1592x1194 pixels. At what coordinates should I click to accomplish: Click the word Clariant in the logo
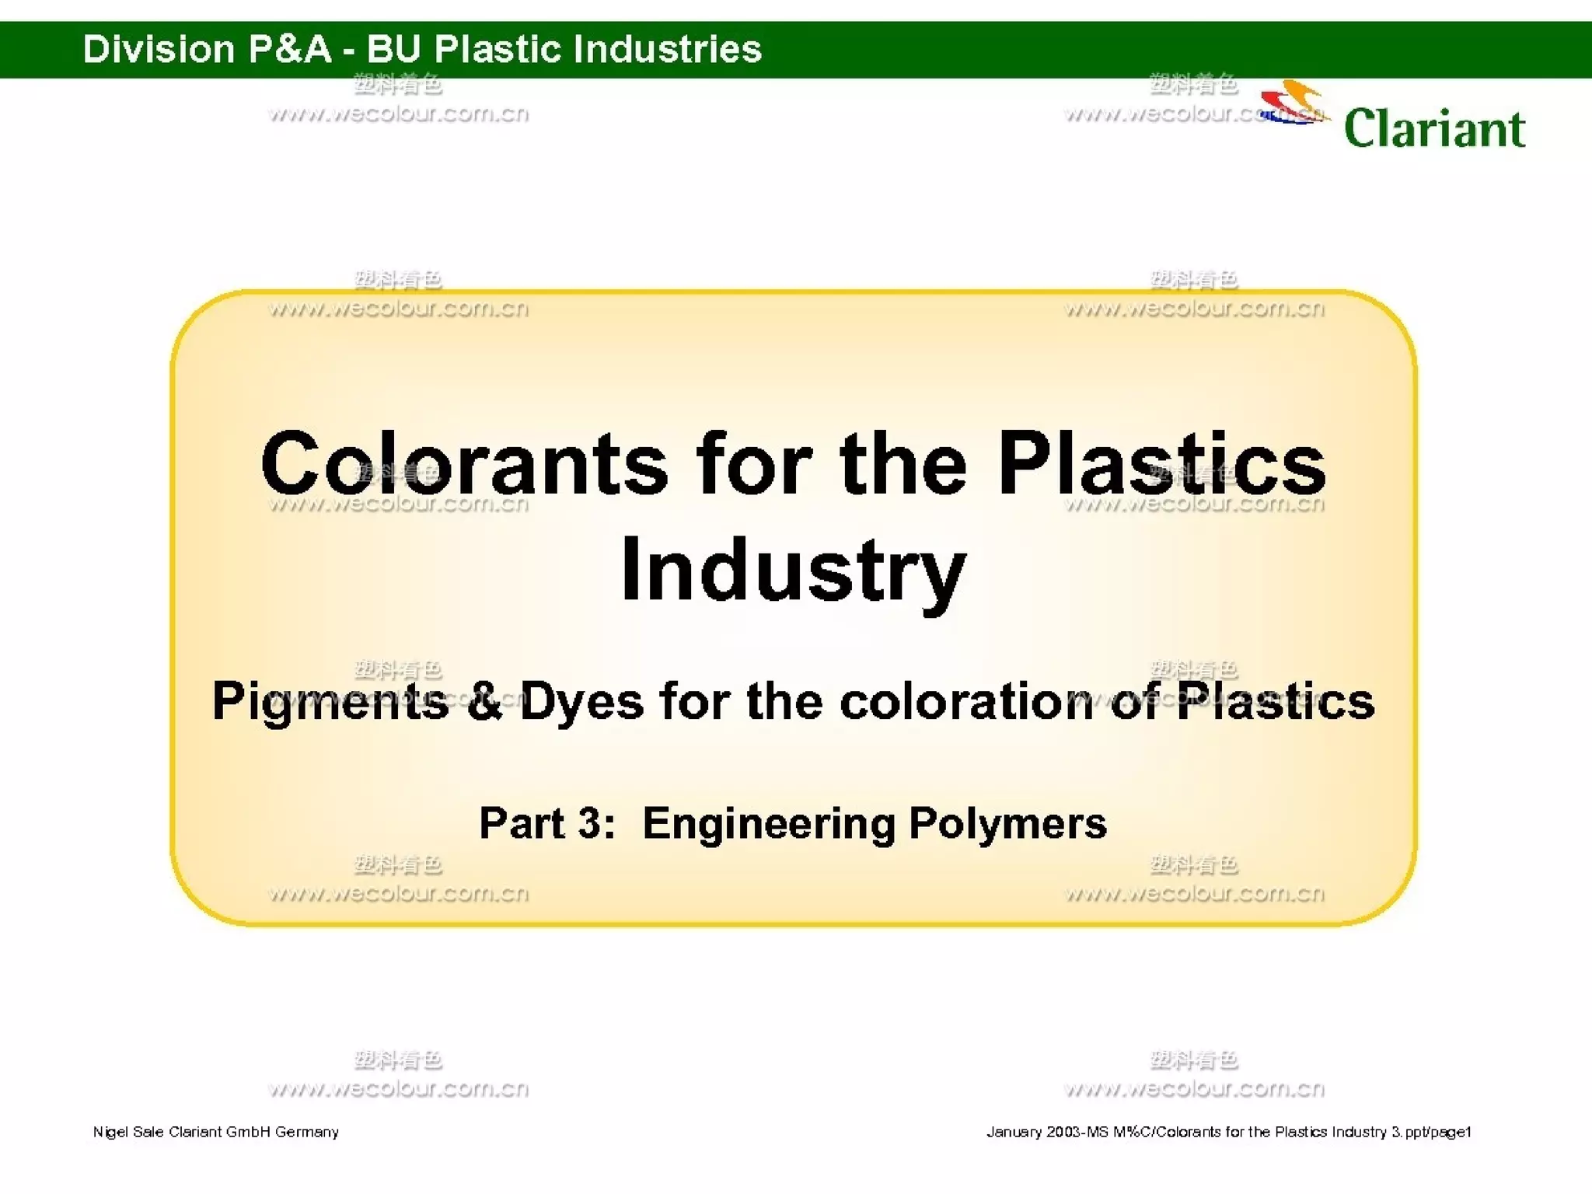(1434, 128)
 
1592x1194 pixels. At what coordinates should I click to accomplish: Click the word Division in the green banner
(159, 49)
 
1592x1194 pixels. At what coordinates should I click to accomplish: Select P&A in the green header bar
(290, 49)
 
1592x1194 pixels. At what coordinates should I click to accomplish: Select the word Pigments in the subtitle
(330, 702)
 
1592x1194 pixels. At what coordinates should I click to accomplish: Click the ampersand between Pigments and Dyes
(485, 702)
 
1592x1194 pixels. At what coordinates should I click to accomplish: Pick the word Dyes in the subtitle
(581, 702)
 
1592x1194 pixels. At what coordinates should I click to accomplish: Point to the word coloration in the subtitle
(966, 702)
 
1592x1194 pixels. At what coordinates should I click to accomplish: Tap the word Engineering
(768, 825)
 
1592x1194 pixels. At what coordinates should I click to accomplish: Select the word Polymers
(1007, 825)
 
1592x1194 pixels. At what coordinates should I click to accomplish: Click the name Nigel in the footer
(110, 1132)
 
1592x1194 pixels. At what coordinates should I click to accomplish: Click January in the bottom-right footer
(1014, 1132)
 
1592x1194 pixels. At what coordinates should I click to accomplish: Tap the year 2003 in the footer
(1063, 1132)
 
